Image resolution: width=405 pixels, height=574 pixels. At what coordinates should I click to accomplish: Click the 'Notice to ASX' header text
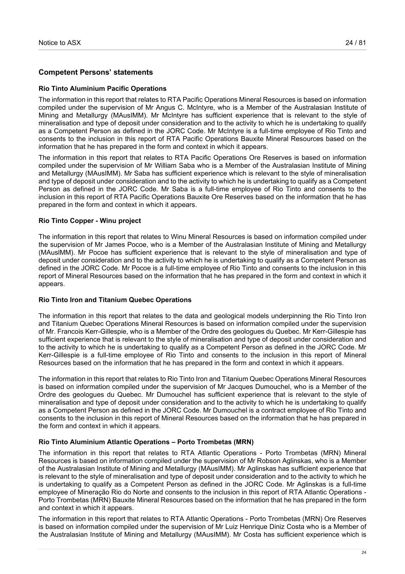tap(60, 42)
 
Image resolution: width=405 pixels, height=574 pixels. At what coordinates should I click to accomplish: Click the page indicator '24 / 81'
tap(356, 42)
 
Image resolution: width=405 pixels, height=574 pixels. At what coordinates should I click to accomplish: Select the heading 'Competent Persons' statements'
tap(96, 72)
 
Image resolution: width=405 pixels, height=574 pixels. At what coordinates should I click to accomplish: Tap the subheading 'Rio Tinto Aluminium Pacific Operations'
tap(103, 89)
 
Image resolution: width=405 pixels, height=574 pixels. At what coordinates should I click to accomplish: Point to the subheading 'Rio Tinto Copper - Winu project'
tap(89, 221)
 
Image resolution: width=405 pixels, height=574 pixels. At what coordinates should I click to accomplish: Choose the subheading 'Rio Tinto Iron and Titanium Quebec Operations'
tap(115, 300)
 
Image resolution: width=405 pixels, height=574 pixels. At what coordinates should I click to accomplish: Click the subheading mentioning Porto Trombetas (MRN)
tap(146, 442)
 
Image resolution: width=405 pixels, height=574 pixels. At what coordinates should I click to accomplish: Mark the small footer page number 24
tap(364, 553)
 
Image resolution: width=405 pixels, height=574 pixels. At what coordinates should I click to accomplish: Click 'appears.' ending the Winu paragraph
tap(52, 284)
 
